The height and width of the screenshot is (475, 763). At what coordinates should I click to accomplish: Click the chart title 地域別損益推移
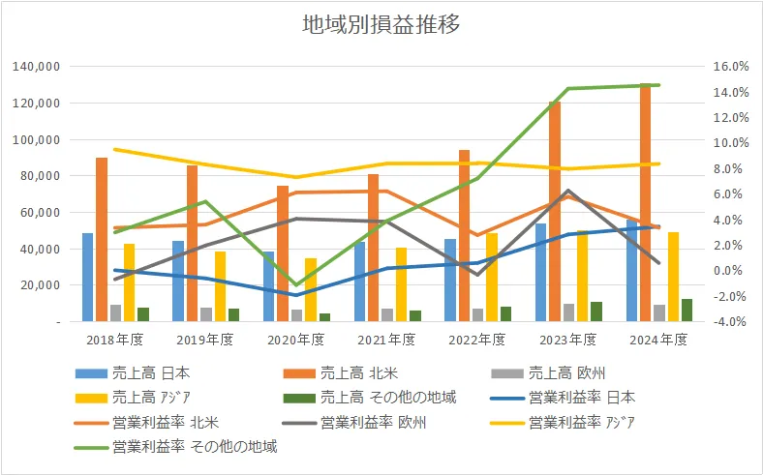click(x=381, y=25)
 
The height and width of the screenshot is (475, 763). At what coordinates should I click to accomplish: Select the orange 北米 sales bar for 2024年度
click(x=645, y=203)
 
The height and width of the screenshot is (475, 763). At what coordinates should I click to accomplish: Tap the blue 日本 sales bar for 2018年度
click(x=87, y=277)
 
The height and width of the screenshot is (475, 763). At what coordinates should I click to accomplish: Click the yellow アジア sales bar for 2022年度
click(x=492, y=277)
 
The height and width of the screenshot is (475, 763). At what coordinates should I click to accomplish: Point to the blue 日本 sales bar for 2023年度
click(x=540, y=272)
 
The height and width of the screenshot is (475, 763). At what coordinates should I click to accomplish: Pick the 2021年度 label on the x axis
click(x=386, y=340)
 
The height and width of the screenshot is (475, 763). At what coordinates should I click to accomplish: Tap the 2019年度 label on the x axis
click(x=205, y=340)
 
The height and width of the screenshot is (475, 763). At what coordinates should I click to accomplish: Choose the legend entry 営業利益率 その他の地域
click(x=193, y=447)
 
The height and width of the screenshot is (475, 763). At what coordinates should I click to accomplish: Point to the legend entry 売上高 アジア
click(x=147, y=397)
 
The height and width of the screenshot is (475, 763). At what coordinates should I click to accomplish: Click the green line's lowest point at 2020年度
click(x=296, y=284)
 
